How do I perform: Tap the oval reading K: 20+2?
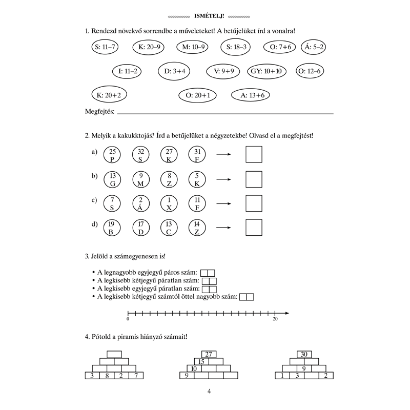pos(109,95)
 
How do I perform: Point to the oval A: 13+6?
pos(251,95)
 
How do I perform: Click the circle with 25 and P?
pos(112,154)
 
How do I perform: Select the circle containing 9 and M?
pos(141,179)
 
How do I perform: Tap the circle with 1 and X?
pos(169,203)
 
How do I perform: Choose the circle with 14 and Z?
pos(197,228)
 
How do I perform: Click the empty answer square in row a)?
pos(254,154)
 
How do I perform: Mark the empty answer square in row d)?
pos(254,228)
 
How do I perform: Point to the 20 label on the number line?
pos(275,319)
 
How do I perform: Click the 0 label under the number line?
pos(128,319)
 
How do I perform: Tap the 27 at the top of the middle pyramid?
pos(209,354)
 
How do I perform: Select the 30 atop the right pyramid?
pos(304,354)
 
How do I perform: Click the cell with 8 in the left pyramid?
pos(107,376)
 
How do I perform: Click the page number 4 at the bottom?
pos(209,392)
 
